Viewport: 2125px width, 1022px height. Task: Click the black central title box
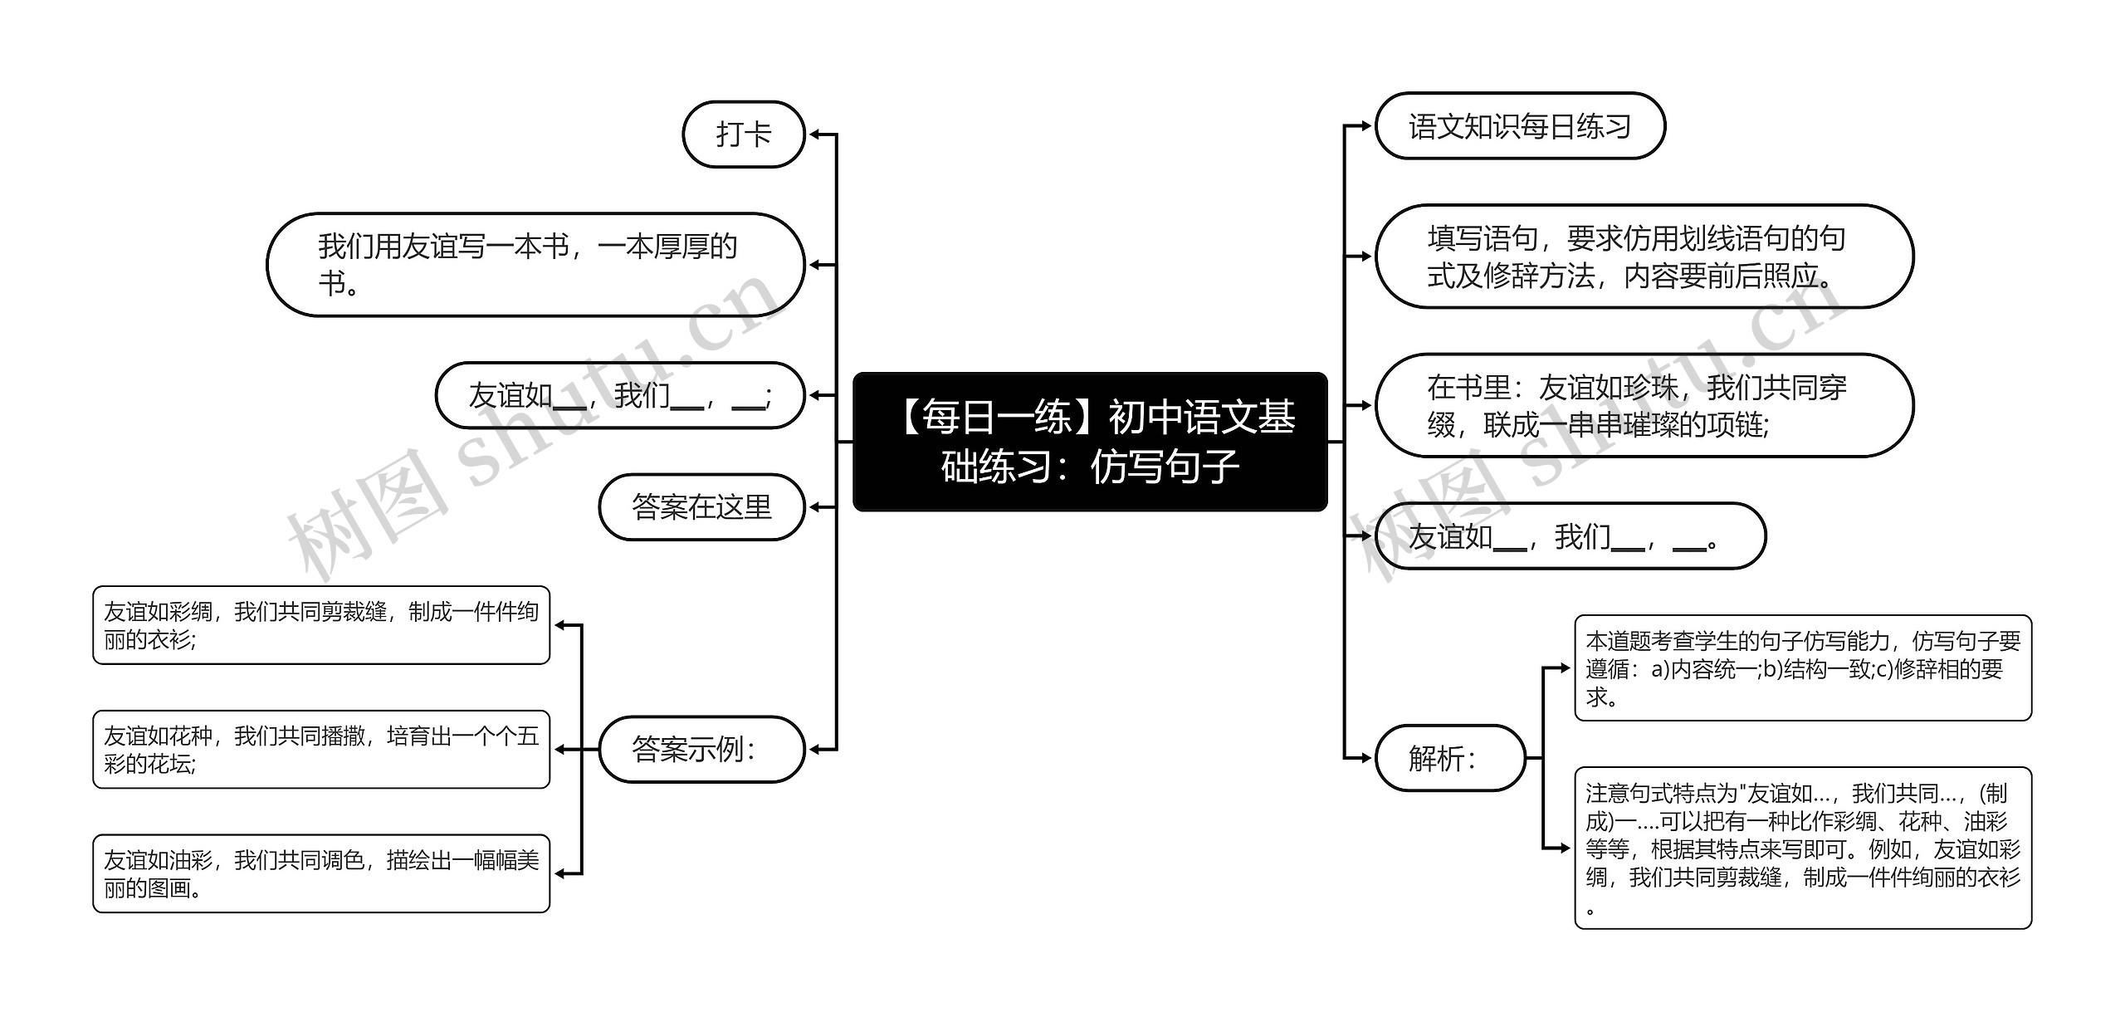[1090, 442]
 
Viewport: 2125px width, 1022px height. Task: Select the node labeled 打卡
[743, 134]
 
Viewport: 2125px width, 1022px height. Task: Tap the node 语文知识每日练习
[1519, 126]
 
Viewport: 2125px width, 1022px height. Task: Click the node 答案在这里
[701, 507]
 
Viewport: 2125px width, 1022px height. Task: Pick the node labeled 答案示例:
[701, 750]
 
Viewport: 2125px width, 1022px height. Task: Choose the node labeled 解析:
[1449, 758]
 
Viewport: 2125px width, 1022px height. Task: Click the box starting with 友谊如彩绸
[321, 625]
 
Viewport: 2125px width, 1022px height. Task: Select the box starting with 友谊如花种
[321, 749]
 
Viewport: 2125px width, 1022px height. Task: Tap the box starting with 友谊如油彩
[321, 873]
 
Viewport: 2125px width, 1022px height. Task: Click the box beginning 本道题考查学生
[1802, 668]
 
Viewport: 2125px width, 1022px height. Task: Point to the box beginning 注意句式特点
[1802, 848]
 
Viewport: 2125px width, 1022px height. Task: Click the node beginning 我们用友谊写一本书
[535, 265]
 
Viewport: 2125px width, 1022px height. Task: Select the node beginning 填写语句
[1644, 257]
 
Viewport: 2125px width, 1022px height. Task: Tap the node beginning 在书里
[1644, 405]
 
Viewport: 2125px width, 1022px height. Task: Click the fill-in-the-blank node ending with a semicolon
[619, 395]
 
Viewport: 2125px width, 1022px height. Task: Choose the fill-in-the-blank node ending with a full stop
[1570, 536]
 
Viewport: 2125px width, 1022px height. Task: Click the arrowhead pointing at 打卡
[814, 134]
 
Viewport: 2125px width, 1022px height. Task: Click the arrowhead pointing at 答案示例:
[814, 750]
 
